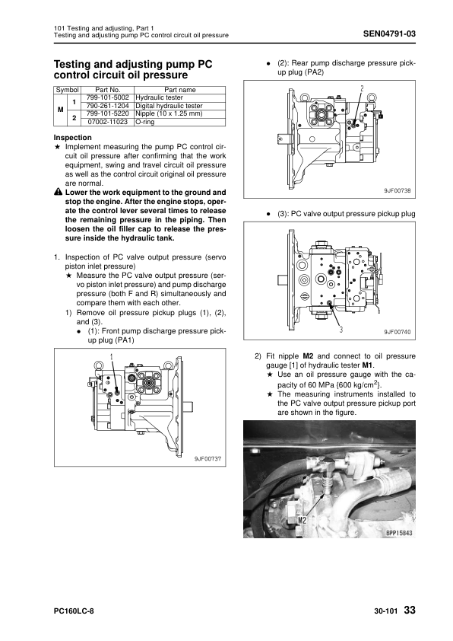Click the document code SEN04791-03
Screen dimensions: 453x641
coord(389,33)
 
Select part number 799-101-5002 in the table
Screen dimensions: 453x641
coord(108,97)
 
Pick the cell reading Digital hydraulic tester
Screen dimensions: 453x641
coord(169,106)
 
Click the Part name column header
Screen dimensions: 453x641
coord(180,90)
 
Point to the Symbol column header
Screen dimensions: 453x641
coord(68,90)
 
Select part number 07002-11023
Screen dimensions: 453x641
coord(108,122)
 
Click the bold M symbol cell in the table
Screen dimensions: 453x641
coord(60,110)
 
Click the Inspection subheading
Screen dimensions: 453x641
coord(73,138)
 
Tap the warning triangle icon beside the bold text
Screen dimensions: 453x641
coord(58,192)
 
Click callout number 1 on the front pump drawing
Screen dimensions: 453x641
coord(111,357)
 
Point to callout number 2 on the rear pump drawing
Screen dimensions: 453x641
coord(362,89)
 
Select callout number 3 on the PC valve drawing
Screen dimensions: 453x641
coord(341,329)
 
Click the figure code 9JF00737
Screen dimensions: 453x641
coord(207,459)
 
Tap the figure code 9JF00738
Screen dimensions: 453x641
coord(397,190)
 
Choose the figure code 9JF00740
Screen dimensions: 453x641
coord(397,332)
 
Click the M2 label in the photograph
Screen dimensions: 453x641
coord(302,520)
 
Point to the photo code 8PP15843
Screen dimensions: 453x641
coord(399,533)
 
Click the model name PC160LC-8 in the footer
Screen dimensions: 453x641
coord(74,611)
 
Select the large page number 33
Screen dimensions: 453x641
coord(410,611)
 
